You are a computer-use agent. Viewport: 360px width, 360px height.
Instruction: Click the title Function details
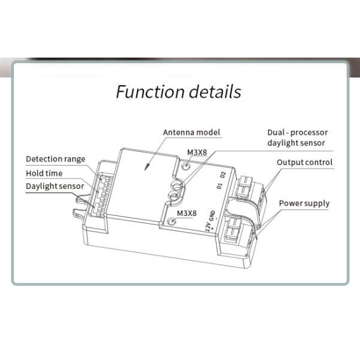click(x=178, y=92)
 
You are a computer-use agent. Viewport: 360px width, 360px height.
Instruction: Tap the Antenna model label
click(x=191, y=133)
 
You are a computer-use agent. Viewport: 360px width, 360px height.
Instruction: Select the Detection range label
click(x=56, y=159)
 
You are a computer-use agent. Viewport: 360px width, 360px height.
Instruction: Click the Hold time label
click(x=44, y=173)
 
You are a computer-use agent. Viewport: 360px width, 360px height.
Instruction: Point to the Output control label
click(x=304, y=163)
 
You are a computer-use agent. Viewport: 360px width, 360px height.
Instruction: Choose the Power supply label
click(x=304, y=203)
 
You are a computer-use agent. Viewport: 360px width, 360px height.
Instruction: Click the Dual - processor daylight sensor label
click(x=298, y=138)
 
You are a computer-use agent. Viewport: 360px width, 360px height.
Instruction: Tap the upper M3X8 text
click(x=197, y=152)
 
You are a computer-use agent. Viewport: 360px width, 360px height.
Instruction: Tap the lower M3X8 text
click(x=187, y=214)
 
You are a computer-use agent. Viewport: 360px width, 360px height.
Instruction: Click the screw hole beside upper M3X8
click(x=186, y=166)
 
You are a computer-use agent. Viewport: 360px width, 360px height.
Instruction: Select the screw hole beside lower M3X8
click(x=172, y=222)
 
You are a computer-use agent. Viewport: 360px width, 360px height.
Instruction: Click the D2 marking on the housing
click(x=223, y=175)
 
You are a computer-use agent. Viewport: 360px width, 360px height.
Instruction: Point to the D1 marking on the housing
click(x=220, y=186)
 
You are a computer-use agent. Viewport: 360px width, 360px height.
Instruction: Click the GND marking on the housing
click(x=212, y=215)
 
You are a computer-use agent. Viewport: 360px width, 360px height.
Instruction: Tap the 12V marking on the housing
click(x=208, y=227)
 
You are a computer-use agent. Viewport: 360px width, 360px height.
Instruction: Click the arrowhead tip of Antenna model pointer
click(x=145, y=170)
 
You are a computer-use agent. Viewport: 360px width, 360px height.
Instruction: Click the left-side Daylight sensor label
click(x=55, y=186)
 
